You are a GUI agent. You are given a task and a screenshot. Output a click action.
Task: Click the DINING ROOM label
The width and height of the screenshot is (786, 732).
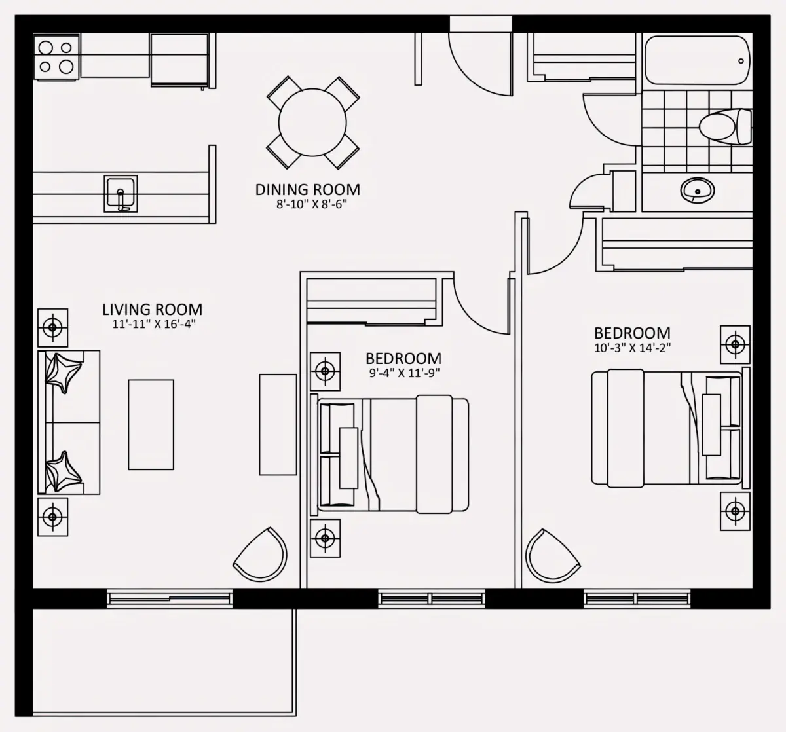point(307,189)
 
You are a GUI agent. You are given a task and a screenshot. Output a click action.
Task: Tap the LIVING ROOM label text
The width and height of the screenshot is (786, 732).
point(153,310)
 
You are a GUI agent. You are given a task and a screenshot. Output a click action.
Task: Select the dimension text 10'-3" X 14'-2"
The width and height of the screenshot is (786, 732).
point(633,348)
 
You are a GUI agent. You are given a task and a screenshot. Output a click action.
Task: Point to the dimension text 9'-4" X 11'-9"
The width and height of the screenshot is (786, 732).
point(405,373)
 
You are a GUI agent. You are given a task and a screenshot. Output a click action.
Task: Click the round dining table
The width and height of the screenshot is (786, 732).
point(312,122)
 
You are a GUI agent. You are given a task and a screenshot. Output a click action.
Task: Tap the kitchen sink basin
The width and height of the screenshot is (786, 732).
point(121,194)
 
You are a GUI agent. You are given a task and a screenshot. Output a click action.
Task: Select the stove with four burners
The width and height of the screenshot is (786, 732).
point(56,58)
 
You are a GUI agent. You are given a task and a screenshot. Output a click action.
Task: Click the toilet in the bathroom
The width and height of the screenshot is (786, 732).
point(725,126)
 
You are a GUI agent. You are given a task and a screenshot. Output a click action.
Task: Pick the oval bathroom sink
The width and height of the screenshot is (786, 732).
point(698,191)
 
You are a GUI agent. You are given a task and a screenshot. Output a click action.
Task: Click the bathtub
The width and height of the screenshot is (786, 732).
point(698,60)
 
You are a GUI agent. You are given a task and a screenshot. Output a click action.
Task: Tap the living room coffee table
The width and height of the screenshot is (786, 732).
point(151,424)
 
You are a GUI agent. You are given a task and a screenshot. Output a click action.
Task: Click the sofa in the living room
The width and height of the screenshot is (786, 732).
point(69,422)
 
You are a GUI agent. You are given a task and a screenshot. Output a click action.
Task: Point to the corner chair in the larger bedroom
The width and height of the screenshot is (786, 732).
point(553,555)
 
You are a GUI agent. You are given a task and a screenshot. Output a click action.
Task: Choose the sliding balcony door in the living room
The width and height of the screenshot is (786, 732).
point(170,598)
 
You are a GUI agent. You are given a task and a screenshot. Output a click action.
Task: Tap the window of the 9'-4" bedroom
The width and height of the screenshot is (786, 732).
point(432,598)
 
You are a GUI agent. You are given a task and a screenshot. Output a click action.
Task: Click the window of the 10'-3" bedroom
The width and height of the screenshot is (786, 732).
point(637,598)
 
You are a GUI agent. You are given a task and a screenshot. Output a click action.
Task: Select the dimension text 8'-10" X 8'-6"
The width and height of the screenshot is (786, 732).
point(312,204)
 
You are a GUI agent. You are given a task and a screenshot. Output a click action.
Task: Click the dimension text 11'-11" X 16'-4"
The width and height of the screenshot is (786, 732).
point(154,324)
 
